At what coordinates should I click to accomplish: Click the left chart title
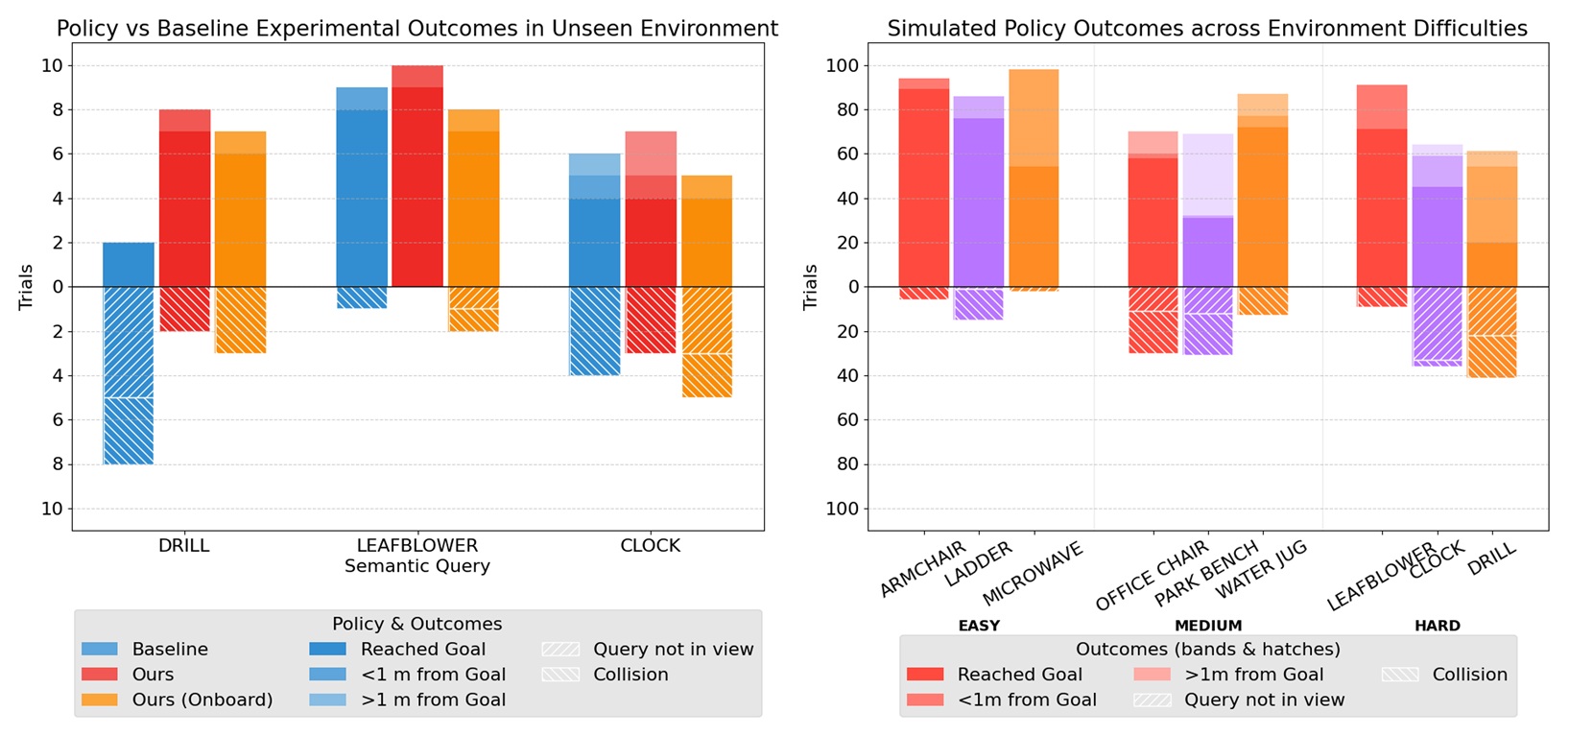click(417, 29)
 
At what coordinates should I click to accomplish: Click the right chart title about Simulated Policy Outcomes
click(1207, 29)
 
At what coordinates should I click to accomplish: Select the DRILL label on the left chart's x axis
click(183, 546)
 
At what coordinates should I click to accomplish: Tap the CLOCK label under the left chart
click(650, 546)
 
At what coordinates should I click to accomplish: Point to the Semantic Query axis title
click(417, 566)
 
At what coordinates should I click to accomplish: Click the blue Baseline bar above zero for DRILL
click(129, 265)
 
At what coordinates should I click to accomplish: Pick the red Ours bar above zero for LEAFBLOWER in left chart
click(417, 182)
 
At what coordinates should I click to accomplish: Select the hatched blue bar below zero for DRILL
click(129, 374)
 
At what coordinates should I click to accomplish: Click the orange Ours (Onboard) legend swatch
click(100, 700)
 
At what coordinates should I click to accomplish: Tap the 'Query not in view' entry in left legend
click(673, 649)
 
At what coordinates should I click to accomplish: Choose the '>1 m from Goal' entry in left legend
click(433, 700)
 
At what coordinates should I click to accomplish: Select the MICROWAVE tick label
click(1033, 568)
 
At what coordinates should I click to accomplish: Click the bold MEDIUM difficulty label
click(1208, 626)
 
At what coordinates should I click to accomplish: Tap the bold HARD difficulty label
click(1437, 626)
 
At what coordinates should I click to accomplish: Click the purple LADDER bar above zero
click(979, 192)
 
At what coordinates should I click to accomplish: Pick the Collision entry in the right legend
click(1469, 675)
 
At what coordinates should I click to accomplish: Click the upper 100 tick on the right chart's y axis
click(841, 66)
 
